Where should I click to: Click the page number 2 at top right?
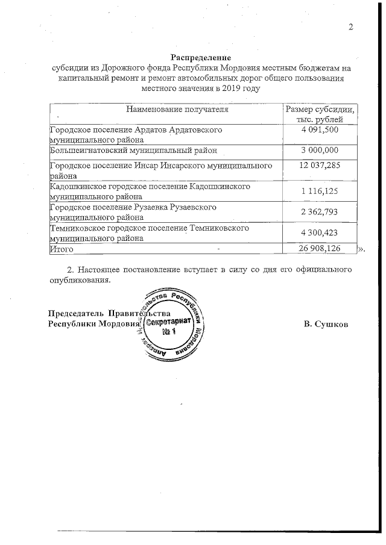tap(350, 27)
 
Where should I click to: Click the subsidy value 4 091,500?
tap(320, 130)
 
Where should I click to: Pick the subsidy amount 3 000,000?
tap(320, 150)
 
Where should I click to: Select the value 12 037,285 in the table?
tap(320, 165)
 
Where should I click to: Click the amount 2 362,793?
tap(320, 212)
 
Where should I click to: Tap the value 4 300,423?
tap(320, 233)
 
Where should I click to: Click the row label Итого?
tap(62, 248)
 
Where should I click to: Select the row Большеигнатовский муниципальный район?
tap(133, 150)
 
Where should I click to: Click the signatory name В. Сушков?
tap(326, 325)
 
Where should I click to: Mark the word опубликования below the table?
tap(80, 280)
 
